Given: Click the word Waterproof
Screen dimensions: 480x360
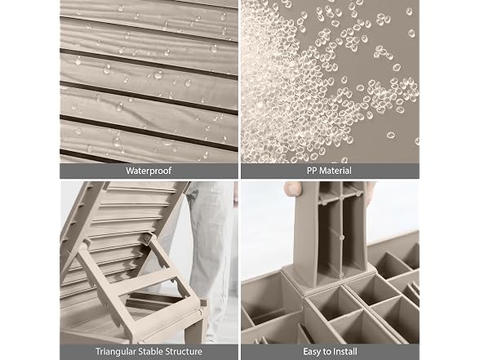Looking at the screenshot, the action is pos(149,171).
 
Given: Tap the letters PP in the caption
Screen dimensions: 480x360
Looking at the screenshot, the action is pos(312,171).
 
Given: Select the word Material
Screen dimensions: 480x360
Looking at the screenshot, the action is pos(336,171).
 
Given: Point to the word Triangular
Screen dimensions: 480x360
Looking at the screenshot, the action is pos(115,351).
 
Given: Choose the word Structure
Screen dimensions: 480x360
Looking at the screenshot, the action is pos(184,351).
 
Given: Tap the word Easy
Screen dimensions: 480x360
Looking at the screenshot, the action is pos(313,351).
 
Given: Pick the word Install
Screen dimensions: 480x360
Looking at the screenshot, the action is pos(344,351).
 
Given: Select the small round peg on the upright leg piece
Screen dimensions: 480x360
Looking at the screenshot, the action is pos(341,238).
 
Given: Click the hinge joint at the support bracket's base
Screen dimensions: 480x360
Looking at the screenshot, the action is pos(201,310).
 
